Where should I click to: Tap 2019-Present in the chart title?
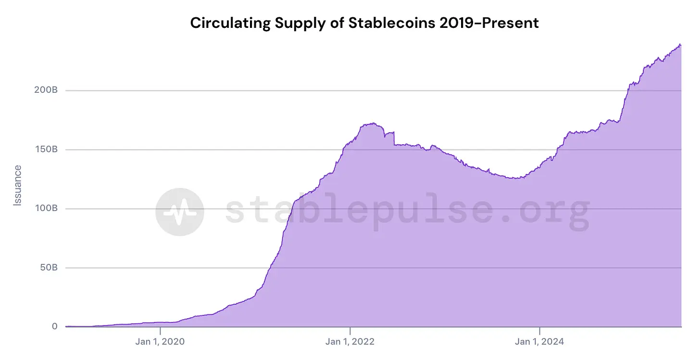coord(489,23)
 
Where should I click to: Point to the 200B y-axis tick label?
coord(46,90)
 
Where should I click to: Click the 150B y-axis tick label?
coord(47,149)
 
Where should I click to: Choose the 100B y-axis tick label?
coord(47,209)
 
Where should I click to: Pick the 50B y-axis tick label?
coord(48,268)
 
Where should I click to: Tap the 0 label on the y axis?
coord(55,327)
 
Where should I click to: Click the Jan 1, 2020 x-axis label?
coord(160,342)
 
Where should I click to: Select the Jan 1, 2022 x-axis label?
coord(350,342)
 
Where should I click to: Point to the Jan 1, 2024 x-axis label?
coord(540,342)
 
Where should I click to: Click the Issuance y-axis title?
coord(18,186)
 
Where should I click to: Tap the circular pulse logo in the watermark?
coord(180,212)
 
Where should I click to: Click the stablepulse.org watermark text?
coord(407,211)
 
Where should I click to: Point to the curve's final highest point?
coord(680,44)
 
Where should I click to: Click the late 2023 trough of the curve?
coord(515,178)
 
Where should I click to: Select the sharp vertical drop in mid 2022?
coord(394,138)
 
